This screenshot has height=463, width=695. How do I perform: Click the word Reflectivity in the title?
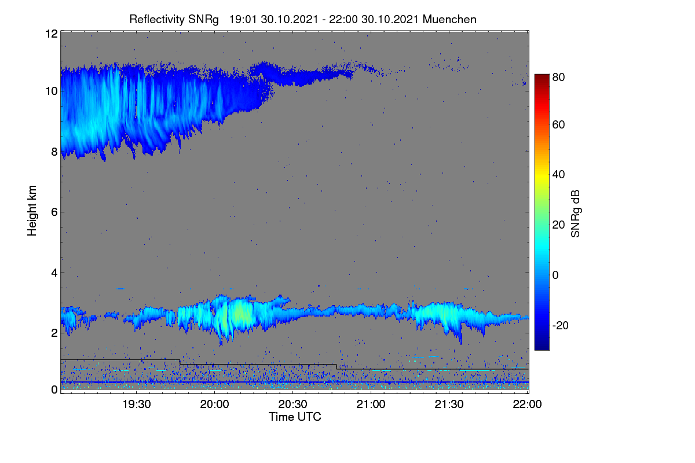click(158, 20)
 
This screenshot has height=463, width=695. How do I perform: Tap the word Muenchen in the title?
click(449, 20)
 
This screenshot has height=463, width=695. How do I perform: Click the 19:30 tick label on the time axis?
click(137, 405)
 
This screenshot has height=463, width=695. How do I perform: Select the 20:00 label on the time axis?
click(215, 405)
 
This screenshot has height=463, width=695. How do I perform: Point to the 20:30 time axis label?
click(293, 405)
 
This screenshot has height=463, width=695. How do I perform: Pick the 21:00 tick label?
click(371, 405)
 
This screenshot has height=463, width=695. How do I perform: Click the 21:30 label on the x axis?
click(449, 405)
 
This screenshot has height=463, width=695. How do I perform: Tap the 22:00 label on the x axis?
click(527, 405)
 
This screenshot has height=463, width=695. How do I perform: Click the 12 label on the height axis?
click(52, 34)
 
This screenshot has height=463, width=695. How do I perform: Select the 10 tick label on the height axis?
click(52, 91)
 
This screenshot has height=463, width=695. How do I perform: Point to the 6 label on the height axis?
click(54, 212)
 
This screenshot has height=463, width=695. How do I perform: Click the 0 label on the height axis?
click(54, 390)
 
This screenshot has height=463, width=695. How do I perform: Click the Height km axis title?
click(32, 211)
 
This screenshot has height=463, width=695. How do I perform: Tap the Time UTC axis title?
click(295, 417)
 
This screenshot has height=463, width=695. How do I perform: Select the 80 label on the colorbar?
click(558, 77)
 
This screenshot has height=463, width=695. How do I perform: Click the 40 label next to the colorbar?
click(558, 175)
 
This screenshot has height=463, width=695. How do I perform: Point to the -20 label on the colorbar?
click(561, 326)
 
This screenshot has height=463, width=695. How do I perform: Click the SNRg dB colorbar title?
click(575, 214)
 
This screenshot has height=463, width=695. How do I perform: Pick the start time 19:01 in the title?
click(243, 20)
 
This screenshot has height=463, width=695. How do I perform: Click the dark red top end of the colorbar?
click(542, 76)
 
